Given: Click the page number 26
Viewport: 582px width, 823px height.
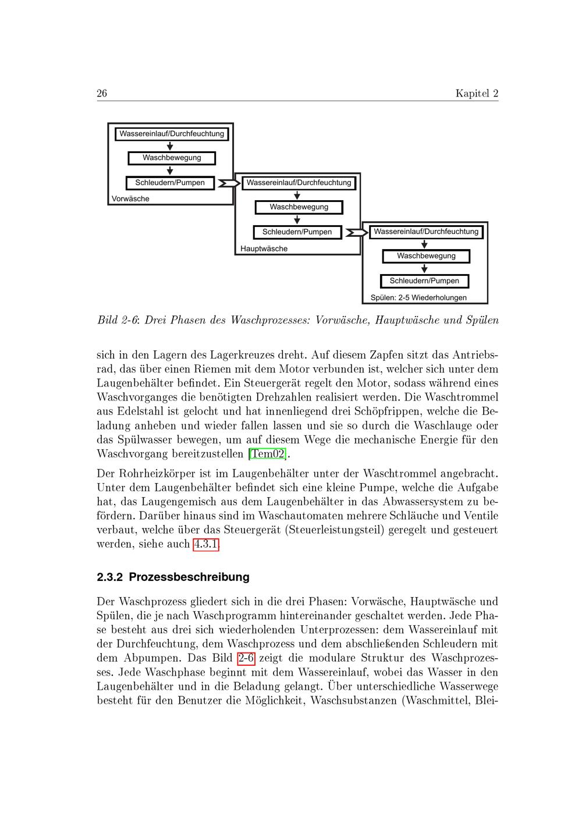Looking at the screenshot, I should tap(102, 94).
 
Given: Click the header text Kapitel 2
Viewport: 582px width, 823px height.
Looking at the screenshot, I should tap(477, 94).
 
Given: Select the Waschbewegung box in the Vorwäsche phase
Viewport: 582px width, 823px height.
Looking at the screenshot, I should tap(172, 158).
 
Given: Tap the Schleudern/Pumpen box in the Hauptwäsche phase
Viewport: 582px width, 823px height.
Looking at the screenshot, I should tap(297, 232).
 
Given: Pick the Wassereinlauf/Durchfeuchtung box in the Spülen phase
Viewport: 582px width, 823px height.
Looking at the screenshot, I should tap(426, 232).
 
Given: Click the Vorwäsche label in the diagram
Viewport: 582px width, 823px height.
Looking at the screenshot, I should tap(130, 198).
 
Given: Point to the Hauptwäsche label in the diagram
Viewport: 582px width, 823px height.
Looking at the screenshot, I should tap(264, 249).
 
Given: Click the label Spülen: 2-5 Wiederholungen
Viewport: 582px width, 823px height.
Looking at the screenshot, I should tap(418, 297).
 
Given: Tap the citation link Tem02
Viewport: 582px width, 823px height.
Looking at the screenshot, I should tap(268, 453).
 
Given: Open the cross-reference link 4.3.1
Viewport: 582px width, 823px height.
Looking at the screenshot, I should tap(206, 544).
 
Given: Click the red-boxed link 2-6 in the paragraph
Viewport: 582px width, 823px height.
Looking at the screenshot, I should tap(246, 658).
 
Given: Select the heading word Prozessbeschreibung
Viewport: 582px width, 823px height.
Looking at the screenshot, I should tap(189, 577).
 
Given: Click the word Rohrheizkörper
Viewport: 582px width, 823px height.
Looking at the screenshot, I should tap(153, 474).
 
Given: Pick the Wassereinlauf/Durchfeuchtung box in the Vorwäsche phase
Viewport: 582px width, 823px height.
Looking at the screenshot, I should tap(172, 134).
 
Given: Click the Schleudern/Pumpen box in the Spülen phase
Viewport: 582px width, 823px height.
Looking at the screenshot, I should tap(424, 281).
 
